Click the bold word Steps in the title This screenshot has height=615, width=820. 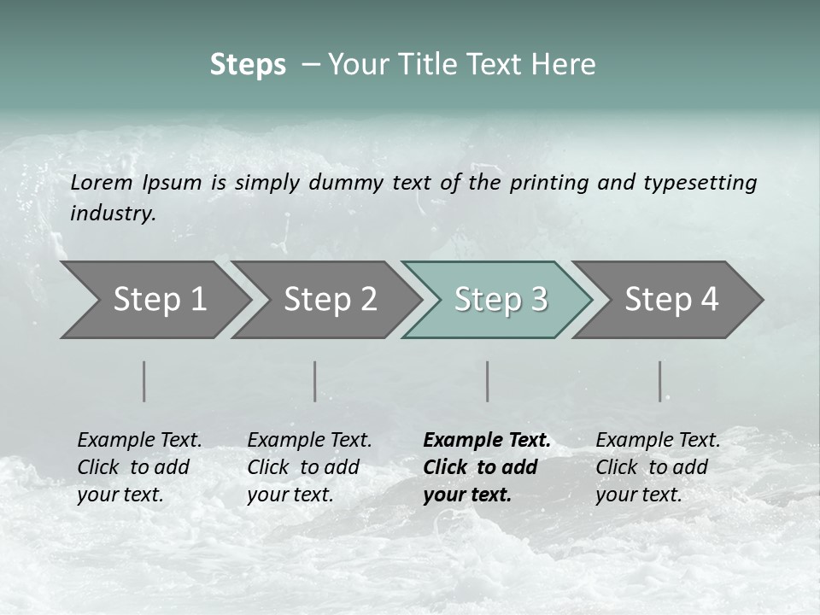pos(248,64)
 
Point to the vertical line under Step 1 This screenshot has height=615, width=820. pos(144,381)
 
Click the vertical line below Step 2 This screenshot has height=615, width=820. pos(315,381)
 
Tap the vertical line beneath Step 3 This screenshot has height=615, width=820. pos(488,381)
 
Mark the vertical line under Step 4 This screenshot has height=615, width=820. pos(660,381)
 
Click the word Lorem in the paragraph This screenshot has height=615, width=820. pos(102,182)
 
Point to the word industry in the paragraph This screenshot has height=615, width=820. pos(113,214)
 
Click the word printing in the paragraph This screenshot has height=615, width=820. pos(549,182)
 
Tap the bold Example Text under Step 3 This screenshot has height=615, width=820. pos(487,440)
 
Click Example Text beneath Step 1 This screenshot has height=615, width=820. pos(139,440)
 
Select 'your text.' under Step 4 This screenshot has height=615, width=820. pos(638,495)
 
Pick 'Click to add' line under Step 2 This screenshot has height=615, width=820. pos(303,467)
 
